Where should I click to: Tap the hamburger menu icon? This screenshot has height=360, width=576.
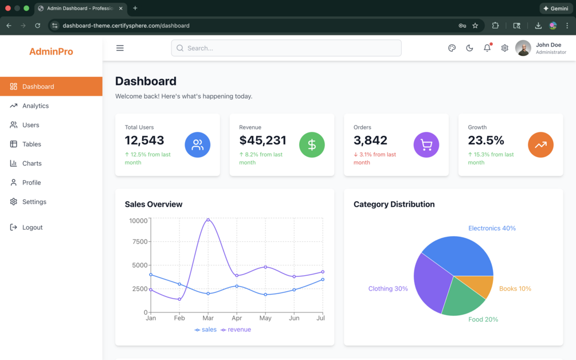120,48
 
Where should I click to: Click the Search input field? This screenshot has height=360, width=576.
286,48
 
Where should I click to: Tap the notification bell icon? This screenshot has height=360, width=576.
487,48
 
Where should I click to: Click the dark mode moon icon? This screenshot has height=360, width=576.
469,48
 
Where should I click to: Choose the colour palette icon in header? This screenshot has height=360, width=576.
452,48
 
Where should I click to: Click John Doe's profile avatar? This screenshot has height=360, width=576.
523,48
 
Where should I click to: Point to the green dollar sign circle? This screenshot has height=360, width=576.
312,144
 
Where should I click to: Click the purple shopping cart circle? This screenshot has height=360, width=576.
426,144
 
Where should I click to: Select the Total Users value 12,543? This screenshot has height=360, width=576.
144,140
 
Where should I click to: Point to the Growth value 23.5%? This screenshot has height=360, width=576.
486,140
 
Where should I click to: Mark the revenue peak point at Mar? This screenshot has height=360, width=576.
208,220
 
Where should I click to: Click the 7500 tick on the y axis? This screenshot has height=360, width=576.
140,242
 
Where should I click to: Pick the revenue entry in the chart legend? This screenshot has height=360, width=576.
236,330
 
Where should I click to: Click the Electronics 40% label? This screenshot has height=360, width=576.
492,228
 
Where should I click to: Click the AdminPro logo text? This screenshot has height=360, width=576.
51,52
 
